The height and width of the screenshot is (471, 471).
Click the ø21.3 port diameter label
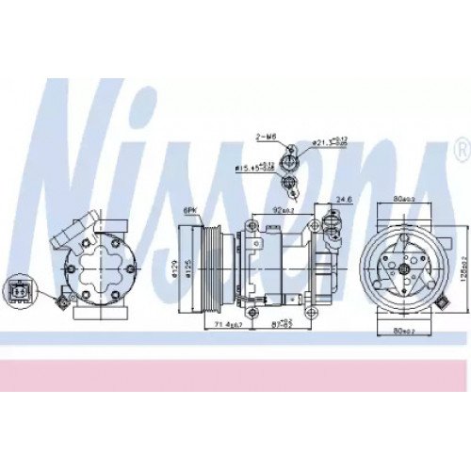(x=324, y=141)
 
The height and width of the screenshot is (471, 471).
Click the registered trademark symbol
(x=461, y=151)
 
